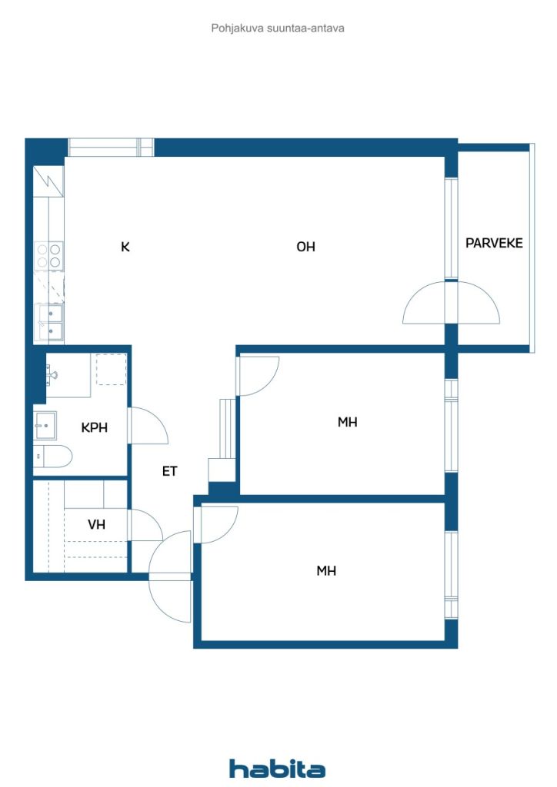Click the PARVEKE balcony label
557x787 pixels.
494,243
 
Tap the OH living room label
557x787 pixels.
305,247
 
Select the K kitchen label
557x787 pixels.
125,247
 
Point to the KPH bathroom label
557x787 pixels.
95,427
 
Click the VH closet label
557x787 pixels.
96,524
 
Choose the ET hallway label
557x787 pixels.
170,471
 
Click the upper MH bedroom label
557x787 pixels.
348,422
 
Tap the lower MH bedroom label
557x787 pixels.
326,571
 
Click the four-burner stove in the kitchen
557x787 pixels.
48,255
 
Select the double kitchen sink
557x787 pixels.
48,323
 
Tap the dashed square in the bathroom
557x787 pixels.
111,369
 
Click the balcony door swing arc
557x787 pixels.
451,302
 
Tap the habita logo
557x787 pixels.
277,769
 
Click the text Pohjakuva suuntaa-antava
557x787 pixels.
278,28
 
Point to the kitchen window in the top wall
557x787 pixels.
111,148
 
